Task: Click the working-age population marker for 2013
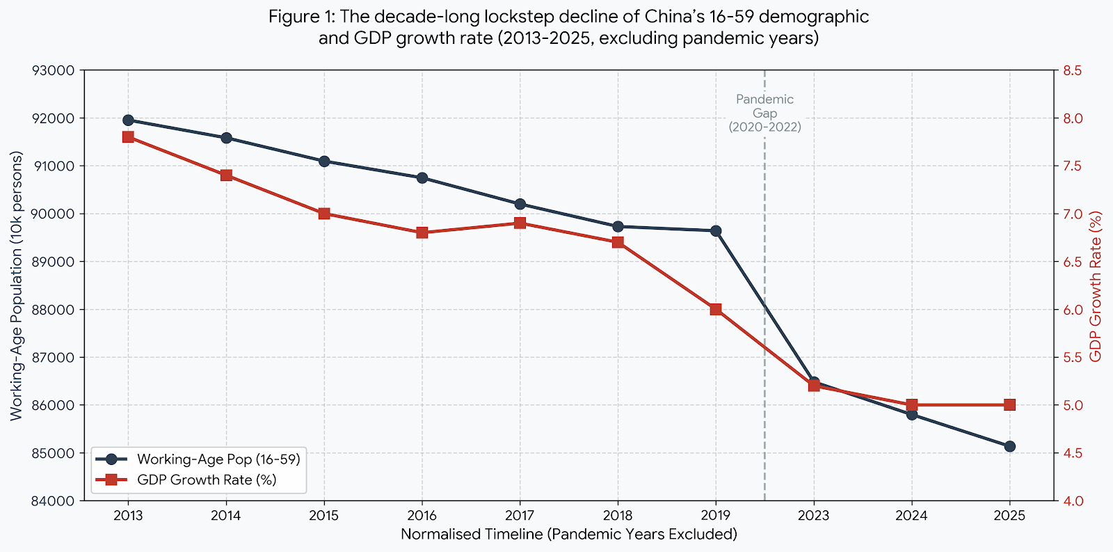[x=128, y=120]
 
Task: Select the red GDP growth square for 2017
[x=520, y=223]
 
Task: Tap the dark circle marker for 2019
[x=716, y=230]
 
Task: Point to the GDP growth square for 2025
[x=1009, y=404]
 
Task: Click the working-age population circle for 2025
[x=1009, y=446]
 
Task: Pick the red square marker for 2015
[x=324, y=214]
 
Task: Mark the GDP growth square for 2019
[x=716, y=309]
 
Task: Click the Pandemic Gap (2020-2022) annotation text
[x=764, y=113]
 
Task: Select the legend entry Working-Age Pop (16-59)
[x=218, y=459]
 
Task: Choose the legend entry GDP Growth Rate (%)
[x=207, y=480]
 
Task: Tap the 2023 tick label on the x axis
[x=813, y=516]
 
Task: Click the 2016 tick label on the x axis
[x=422, y=516]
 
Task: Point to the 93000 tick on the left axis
[x=53, y=70]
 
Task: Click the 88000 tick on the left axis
[x=53, y=310]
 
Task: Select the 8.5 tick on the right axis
[x=1072, y=70]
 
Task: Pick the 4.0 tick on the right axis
[x=1072, y=501]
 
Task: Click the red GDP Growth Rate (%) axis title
[x=1096, y=286]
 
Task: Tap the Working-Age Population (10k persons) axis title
[x=16, y=286]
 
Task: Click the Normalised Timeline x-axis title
[x=568, y=535]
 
